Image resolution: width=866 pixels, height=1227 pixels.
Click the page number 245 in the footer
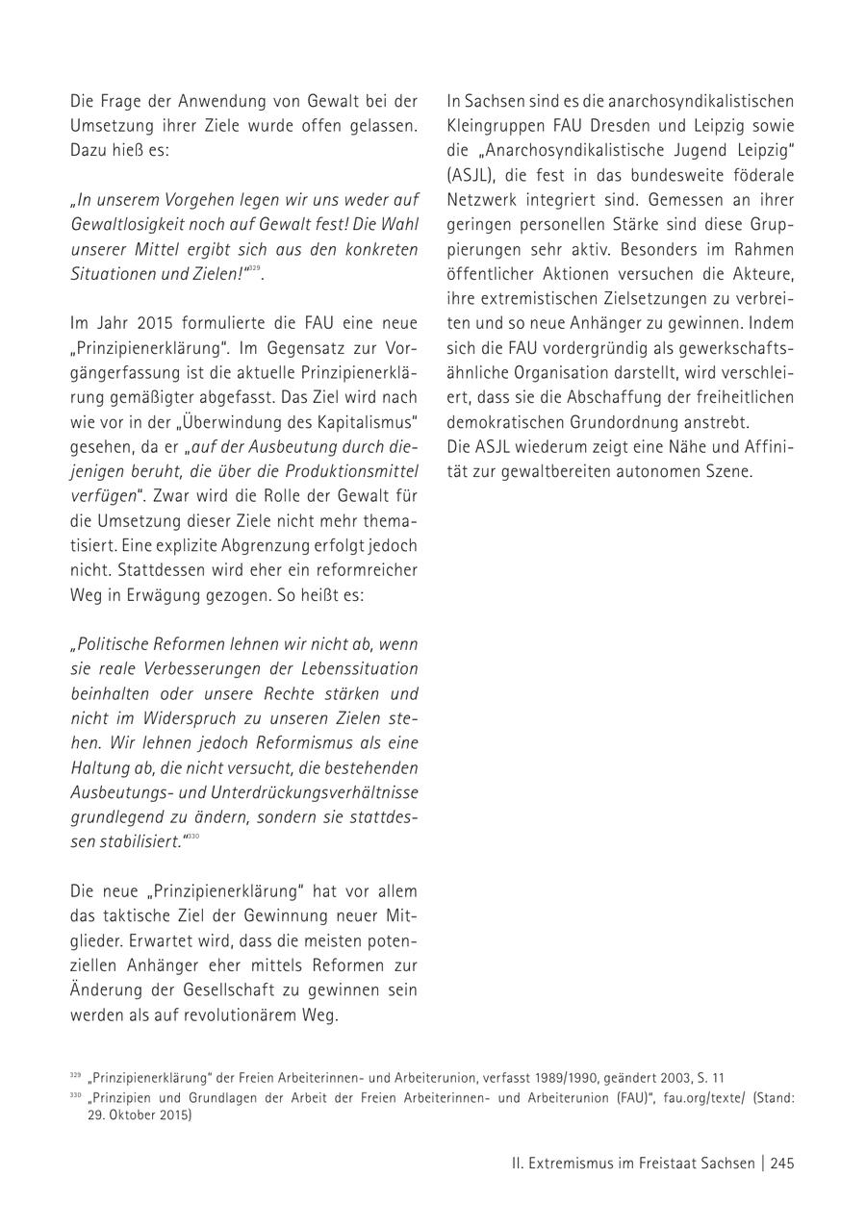tap(781, 1163)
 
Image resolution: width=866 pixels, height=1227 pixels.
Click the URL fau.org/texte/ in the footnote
tap(704, 1097)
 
